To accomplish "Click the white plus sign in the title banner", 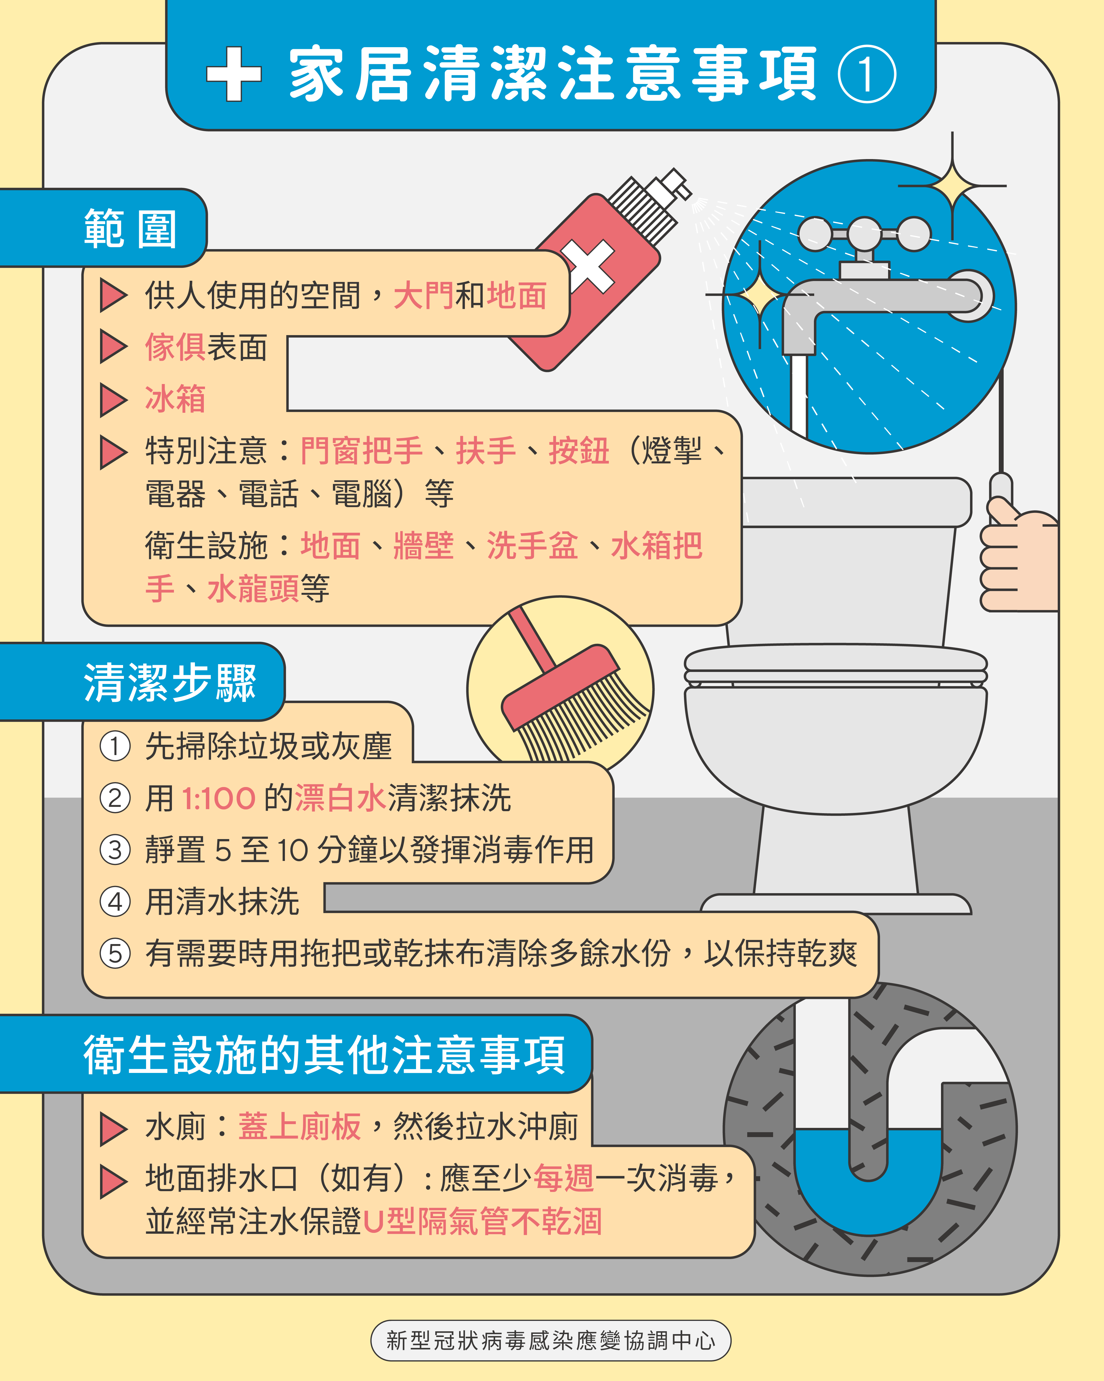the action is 234,74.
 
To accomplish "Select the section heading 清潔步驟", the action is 170,682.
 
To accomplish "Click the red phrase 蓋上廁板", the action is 300,1127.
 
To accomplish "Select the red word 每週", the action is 563,1178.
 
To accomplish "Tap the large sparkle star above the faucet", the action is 952,186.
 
